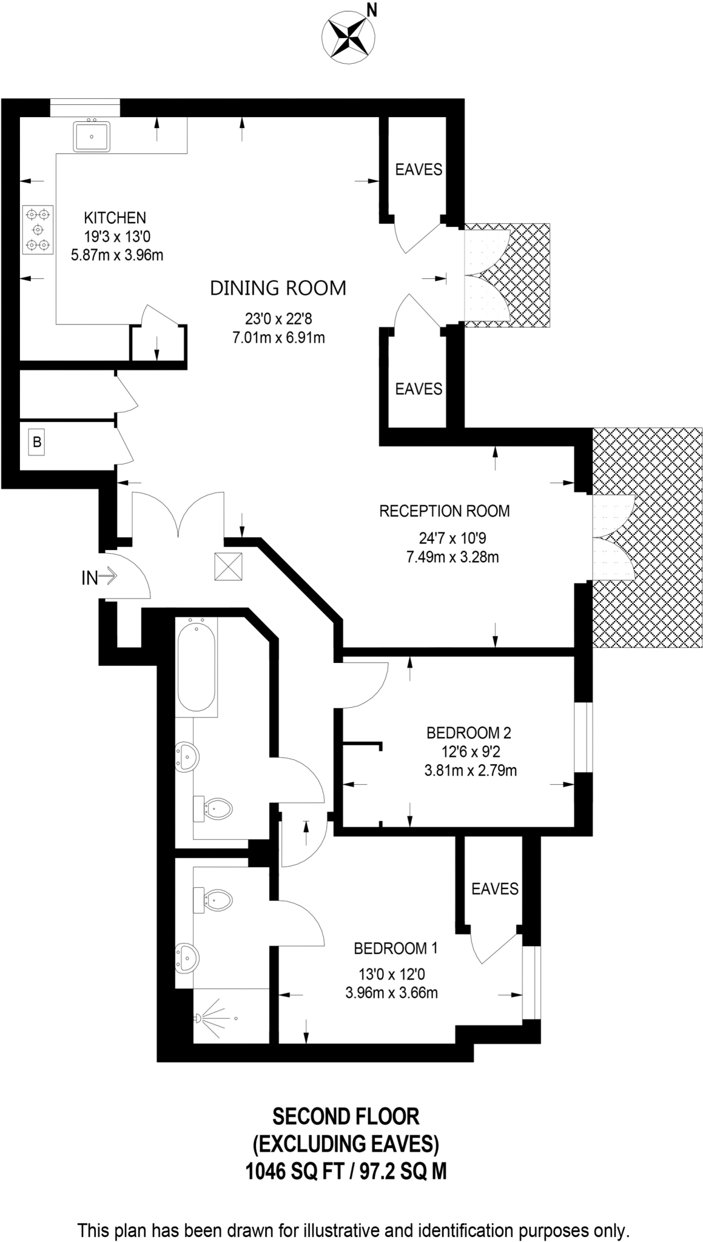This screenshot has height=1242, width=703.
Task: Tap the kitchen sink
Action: point(92,136)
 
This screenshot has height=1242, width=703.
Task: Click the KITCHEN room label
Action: point(115,217)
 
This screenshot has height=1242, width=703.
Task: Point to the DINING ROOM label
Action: point(278,288)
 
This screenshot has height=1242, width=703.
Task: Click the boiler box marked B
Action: point(37,443)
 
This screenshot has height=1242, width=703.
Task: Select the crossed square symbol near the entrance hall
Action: point(228,567)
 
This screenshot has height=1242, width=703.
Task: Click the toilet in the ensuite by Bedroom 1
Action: point(214,901)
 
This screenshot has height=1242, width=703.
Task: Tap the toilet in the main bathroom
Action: point(215,808)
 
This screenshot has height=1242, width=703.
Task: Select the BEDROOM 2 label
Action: point(468,733)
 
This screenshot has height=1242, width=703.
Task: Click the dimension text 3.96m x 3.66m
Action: point(391,993)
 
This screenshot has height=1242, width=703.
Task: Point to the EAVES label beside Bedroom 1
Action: point(495,888)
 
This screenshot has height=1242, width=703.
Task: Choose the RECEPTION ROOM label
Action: point(444,511)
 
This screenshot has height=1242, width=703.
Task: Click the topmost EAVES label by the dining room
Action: point(419,169)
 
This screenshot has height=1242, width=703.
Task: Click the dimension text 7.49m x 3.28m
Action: point(452,557)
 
